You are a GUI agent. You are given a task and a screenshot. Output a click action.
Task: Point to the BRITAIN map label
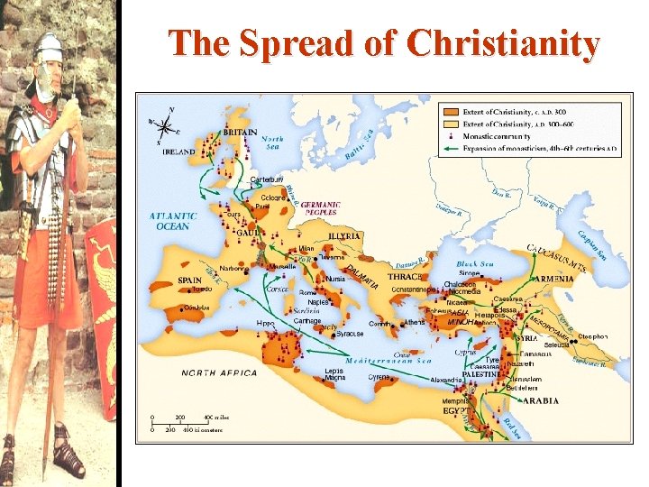pos(240,132)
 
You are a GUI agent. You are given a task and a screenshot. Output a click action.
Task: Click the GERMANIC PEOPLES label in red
pos(320,207)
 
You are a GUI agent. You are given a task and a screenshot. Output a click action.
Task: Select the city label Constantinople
pos(413,289)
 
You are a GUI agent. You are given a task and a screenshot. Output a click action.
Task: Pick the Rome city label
pos(308,292)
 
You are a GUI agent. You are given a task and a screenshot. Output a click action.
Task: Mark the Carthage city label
pos(307,319)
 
